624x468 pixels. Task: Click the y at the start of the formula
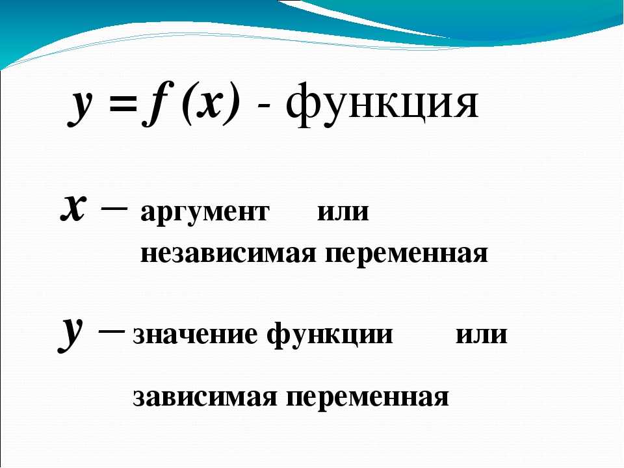tap(81, 107)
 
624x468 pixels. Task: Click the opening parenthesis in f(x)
tap(187, 103)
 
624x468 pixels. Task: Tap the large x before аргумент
tap(73, 209)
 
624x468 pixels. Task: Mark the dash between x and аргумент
tap(114, 208)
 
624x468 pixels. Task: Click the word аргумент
tap(205, 214)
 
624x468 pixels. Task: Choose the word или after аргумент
tap(343, 212)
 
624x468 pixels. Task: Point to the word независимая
tap(228, 253)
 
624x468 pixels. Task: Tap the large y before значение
tap(71, 333)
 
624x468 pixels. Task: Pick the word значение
tap(196, 335)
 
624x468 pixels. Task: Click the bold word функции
tap(330, 335)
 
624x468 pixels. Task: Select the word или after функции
tap(482, 335)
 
